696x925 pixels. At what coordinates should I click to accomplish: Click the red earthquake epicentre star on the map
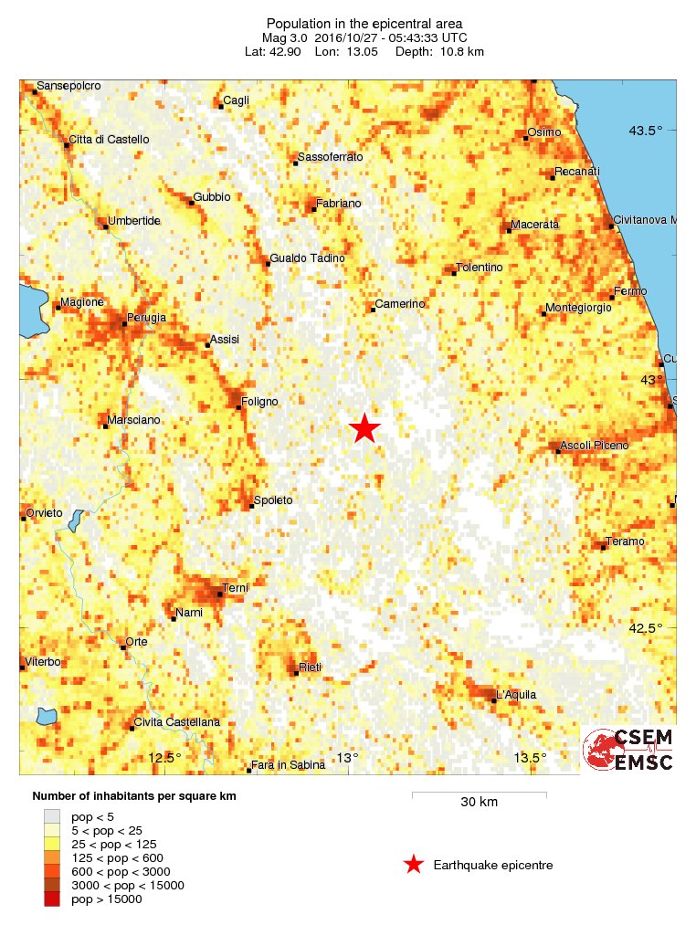pos(365,427)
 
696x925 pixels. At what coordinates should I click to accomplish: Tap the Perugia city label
pos(147,317)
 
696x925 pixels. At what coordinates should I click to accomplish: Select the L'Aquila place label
pos(515,694)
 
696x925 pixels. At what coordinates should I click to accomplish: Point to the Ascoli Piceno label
pos(594,445)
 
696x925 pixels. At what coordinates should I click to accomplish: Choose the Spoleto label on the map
pos(273,499)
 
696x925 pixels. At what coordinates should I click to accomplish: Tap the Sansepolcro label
pos(69,86)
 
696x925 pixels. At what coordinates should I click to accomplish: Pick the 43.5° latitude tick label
pos(645,131)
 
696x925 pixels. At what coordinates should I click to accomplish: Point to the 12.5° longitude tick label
pos(165,757)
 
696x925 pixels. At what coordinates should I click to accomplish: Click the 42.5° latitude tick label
pos(645,627)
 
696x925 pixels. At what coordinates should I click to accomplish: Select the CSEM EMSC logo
pos(628,750)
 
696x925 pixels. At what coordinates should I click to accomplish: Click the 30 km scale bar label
pos(479,803)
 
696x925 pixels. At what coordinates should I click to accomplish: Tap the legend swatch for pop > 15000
pos(52,899)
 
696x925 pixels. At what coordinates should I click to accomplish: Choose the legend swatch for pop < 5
pos(52,816)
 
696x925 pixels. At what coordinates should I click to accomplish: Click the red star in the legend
pos(414,865)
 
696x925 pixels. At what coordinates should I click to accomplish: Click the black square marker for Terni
pos(220,594)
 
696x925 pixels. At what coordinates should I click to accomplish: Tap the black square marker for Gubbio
pos(191,202)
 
